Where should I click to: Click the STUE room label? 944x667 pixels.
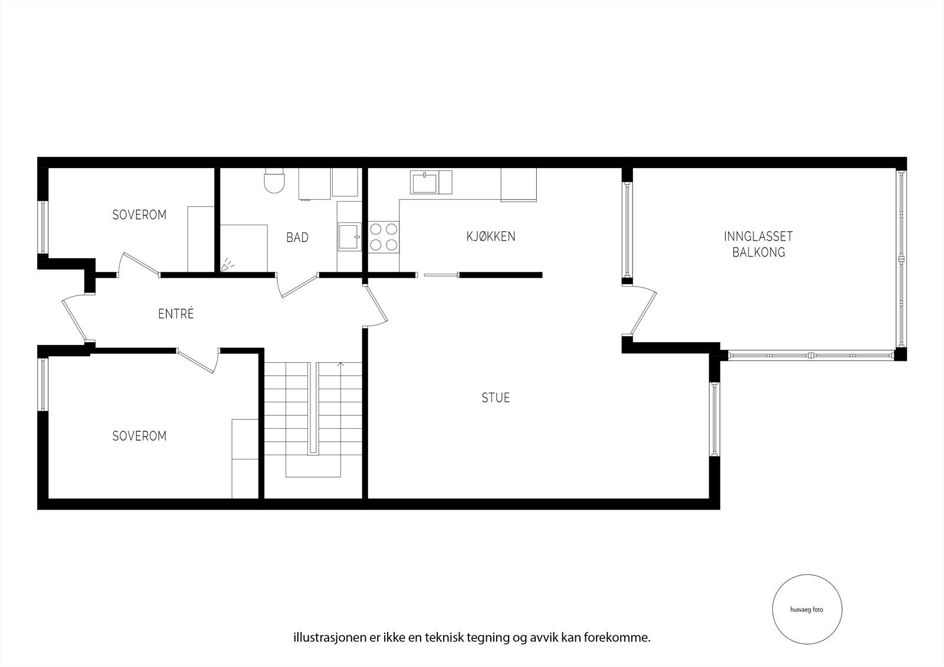[496, 398]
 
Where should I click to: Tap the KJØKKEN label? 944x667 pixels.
[491, 236]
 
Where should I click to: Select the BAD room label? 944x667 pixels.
[297, 238]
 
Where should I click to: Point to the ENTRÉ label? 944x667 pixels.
[176, 314]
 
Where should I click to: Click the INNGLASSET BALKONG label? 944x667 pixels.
[758, 244]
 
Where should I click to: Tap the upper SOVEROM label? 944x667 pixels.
[139, 215]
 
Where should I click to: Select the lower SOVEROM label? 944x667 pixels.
[139, 436]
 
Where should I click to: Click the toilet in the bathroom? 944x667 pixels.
[275, 181]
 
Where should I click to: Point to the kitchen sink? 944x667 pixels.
[425, 182]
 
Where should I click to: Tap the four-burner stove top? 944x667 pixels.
[383, 237]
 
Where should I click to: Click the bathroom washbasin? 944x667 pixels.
[349, 237]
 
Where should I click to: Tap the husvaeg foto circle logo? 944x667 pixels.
[807, 610]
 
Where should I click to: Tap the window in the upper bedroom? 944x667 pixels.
[42, 227]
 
